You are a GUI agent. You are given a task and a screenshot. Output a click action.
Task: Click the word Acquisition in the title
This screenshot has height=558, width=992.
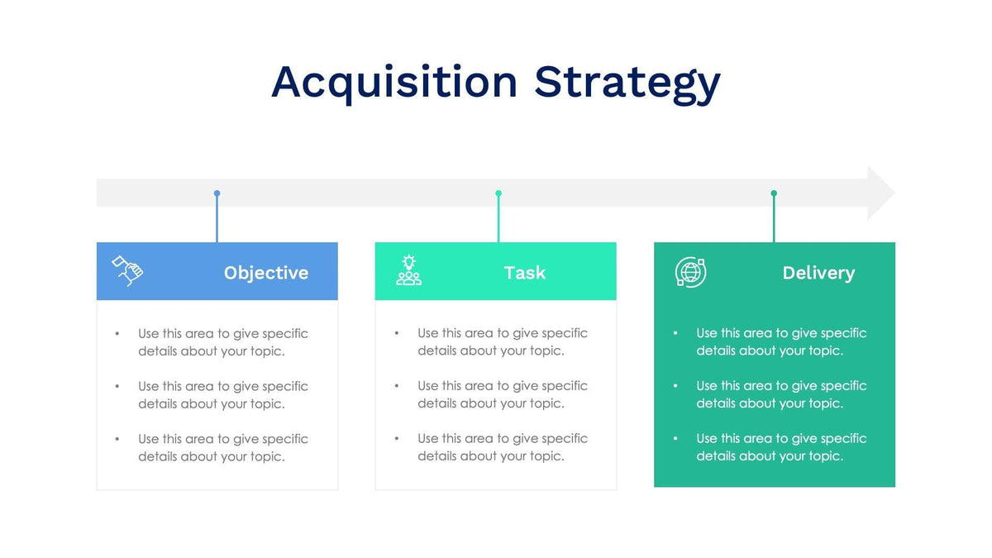[394, 82]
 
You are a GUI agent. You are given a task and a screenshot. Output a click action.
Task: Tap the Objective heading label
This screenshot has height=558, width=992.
[266, 273]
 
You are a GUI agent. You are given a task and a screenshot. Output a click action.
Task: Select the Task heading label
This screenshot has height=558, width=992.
[525, 273]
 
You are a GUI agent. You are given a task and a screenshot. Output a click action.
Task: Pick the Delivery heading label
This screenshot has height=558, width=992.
[818, 273]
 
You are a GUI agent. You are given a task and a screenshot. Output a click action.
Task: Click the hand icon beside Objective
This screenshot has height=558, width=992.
[127, 270]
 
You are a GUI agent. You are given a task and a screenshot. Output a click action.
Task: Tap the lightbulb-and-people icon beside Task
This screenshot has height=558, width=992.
[408, 270]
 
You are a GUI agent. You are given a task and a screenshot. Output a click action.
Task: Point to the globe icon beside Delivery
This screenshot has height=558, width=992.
[690, 272]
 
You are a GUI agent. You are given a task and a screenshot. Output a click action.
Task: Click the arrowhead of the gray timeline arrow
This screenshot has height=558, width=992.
[881, 193]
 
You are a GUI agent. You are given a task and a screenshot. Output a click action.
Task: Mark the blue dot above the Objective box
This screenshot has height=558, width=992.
[217, 193]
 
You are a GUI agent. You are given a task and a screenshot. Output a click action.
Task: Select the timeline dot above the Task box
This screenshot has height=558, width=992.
[498, 193]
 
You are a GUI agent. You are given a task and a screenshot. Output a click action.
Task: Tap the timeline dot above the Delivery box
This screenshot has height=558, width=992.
[774, 193]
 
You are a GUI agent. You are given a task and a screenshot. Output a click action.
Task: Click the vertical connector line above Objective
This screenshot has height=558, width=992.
[217, 219]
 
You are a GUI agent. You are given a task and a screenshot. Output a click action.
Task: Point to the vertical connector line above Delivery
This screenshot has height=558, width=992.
[774, 219]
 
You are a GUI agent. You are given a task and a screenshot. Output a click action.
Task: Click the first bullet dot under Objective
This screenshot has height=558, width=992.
[117, 334]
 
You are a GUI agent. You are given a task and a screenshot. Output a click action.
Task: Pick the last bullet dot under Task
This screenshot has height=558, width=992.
[397, 438]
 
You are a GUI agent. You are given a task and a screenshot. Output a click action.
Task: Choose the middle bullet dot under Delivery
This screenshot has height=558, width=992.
[675, 385]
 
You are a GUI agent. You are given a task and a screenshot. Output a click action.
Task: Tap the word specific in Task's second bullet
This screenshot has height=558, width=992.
[565, 386]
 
